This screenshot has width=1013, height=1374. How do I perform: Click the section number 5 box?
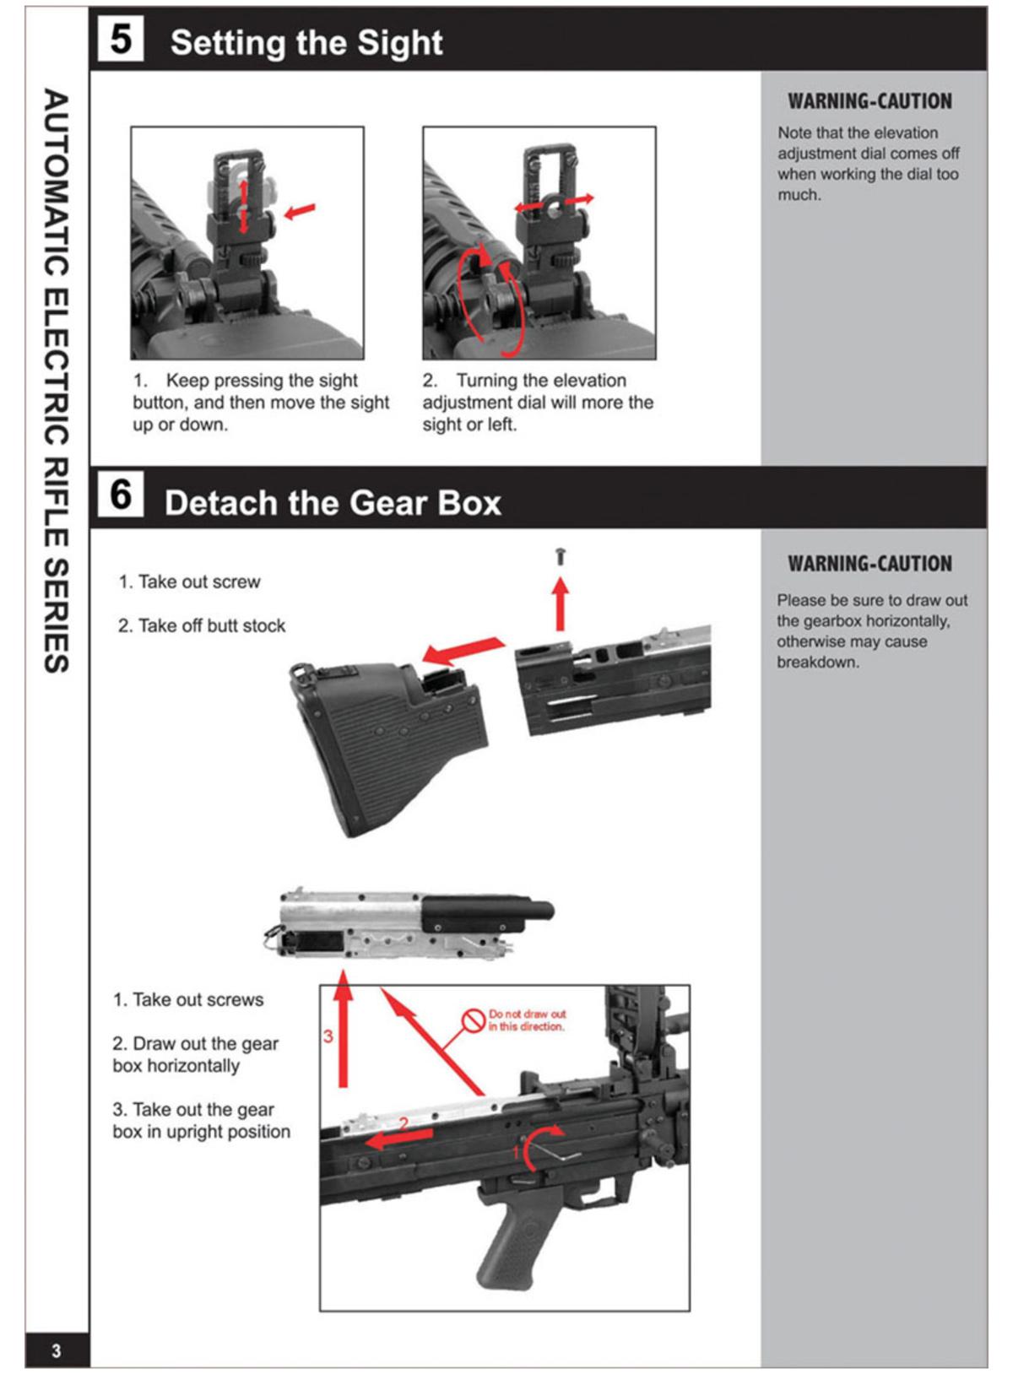click(x=120, y=40)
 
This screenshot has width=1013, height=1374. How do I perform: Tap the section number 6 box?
click(x=120, y=495)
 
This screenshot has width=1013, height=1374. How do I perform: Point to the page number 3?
click(x=56, y=1350)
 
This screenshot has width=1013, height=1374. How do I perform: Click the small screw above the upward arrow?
click(x=561, y=556)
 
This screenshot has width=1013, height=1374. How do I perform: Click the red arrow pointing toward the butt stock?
click(x=463, y=651)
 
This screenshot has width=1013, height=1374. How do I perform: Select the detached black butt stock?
click(x=388, y=743)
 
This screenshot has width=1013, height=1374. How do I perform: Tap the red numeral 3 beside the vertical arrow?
click(x=328, y=1036)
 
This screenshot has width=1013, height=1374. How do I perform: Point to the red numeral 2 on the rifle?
click(x=404, y=1124)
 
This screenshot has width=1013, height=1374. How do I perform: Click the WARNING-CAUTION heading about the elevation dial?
click(x=869, y=101)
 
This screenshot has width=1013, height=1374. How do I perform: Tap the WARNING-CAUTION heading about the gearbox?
click(x=869, y=564)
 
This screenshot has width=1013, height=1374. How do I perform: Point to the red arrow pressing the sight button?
click(x=300, y=210)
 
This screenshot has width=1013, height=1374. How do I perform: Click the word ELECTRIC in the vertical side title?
click(x=56, y=367)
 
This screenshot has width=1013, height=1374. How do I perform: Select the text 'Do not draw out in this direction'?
click(x=527, y=1020)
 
